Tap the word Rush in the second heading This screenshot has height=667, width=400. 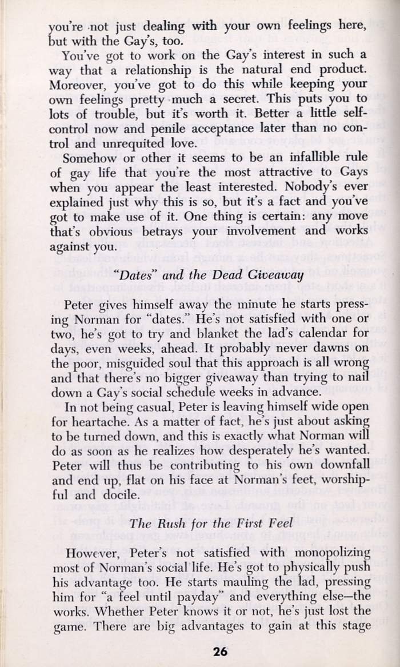(x=169, y=523)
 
